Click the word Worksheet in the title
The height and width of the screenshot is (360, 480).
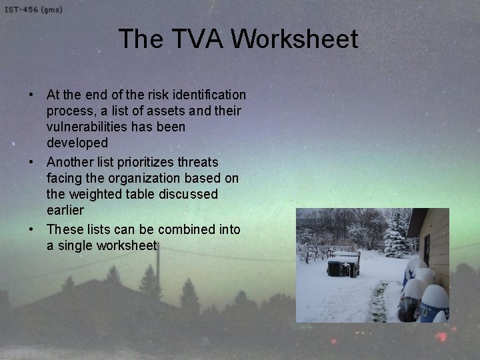click(x=295, y=39)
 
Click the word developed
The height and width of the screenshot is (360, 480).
click(x=77, y=143)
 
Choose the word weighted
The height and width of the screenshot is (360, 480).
click(x=95, y=194)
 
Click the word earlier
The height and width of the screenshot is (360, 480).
click(x=65, y=210)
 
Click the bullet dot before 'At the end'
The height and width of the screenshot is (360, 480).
click(x=31, y=95)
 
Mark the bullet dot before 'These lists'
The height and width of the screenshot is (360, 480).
click(x=31, y=229)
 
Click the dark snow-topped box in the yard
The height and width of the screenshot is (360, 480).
click(x=343, y=265)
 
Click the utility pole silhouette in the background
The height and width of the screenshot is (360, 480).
click(x=158, y=273)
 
